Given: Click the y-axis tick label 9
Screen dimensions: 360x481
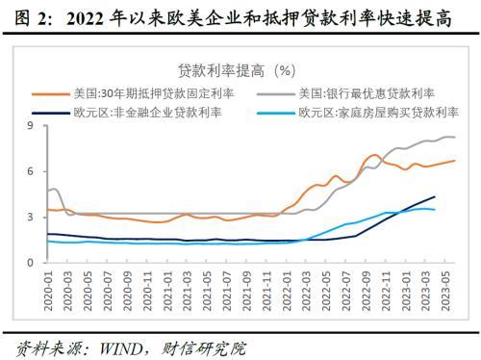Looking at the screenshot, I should (32, 126).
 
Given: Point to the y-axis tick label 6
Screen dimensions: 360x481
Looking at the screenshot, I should (32, 171).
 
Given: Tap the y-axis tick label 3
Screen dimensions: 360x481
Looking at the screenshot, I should (32, 217).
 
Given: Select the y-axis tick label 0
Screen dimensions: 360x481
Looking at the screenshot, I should (32, 262).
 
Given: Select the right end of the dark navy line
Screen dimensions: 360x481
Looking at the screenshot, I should (435, 197).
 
